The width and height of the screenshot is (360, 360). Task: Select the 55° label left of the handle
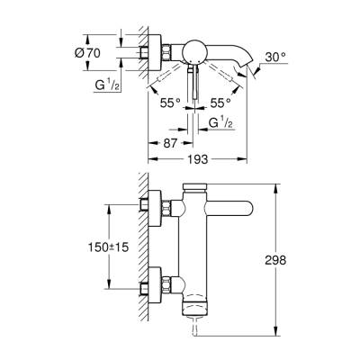[168, 104]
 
